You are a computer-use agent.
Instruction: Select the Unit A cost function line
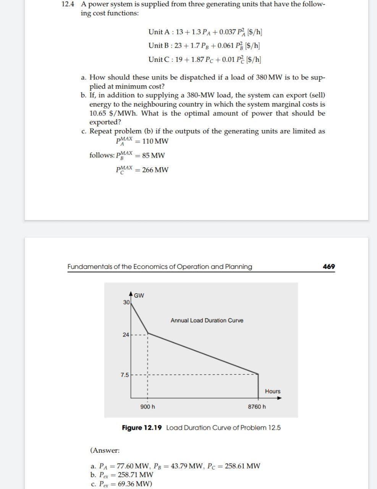(205, 32)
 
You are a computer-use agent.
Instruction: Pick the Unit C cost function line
(205, 60)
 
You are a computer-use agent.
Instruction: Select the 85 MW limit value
(153, 155)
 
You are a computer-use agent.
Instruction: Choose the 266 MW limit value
(155, 170)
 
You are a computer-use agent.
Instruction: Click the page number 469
(328, 267)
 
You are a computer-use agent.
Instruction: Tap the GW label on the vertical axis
(139, 296)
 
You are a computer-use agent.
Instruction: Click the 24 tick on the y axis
(126, 335)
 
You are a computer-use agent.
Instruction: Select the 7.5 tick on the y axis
(125, 375)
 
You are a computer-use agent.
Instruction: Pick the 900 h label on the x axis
(147, 407)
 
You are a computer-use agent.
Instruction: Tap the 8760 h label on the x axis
(257, 407)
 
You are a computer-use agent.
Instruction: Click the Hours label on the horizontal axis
(272, 391)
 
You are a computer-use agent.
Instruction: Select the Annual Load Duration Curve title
(207, 321)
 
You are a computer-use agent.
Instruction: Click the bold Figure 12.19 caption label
(142, 428)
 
